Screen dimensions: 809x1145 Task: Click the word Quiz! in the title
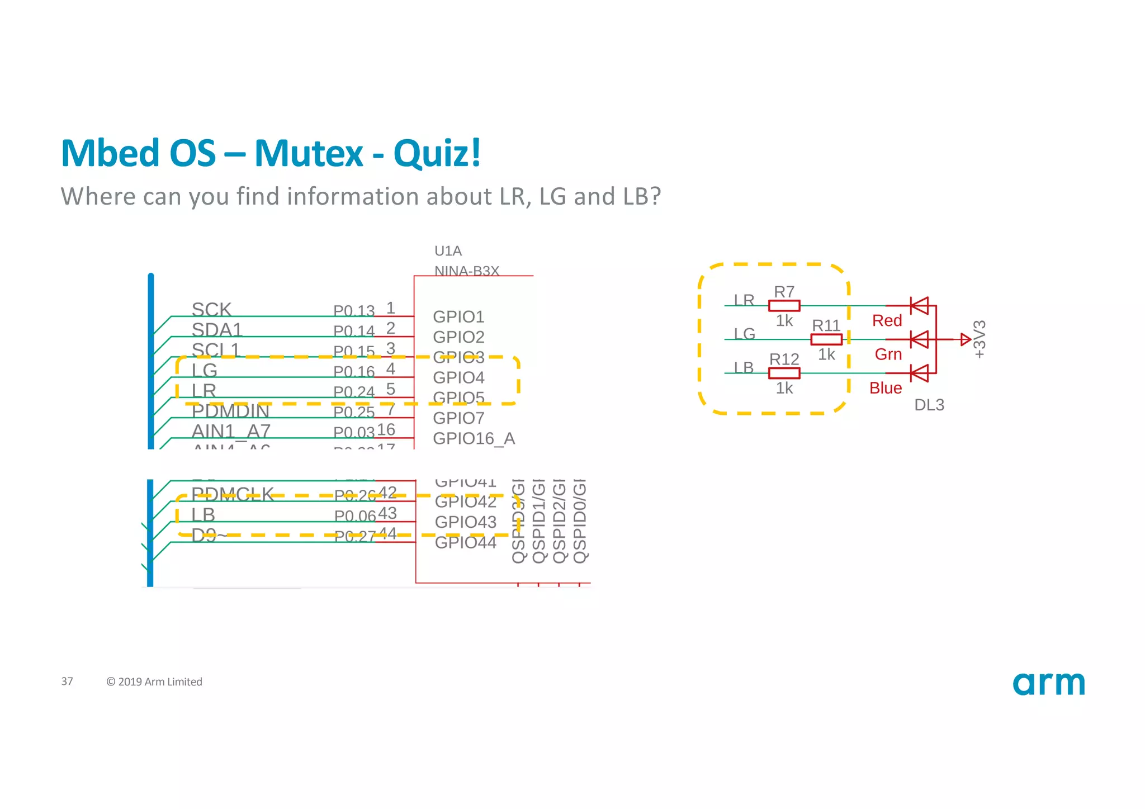coord(437,153)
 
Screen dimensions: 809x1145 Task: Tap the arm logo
coord(1048,683)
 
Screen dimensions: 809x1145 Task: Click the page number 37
coord(67,682)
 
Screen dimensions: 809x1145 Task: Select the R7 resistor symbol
coord(784,306)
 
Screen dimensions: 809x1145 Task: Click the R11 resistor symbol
coord(826,339)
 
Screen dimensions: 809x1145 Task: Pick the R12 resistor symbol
coord(784,373)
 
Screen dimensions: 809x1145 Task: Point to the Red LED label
coord(887,321)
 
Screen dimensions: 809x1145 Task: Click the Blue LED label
coord(885,388)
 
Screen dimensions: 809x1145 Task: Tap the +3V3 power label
coord(980,339)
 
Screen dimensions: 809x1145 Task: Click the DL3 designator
coord(929,405)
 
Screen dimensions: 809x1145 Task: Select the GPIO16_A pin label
coord(474,438)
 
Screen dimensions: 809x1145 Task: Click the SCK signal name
coord(211,309)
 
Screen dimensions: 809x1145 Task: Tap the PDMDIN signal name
coord(230,411)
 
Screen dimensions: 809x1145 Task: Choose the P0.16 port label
coord(354,372)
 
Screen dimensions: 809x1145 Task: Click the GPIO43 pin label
coord(465,522)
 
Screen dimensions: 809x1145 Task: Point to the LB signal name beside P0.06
coord(203,514)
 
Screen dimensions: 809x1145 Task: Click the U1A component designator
coord(448,251)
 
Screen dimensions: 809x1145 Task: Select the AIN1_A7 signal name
coord(231,431)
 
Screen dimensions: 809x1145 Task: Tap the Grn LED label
coord(888,354)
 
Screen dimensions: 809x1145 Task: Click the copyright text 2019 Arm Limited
coord(154,682)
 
